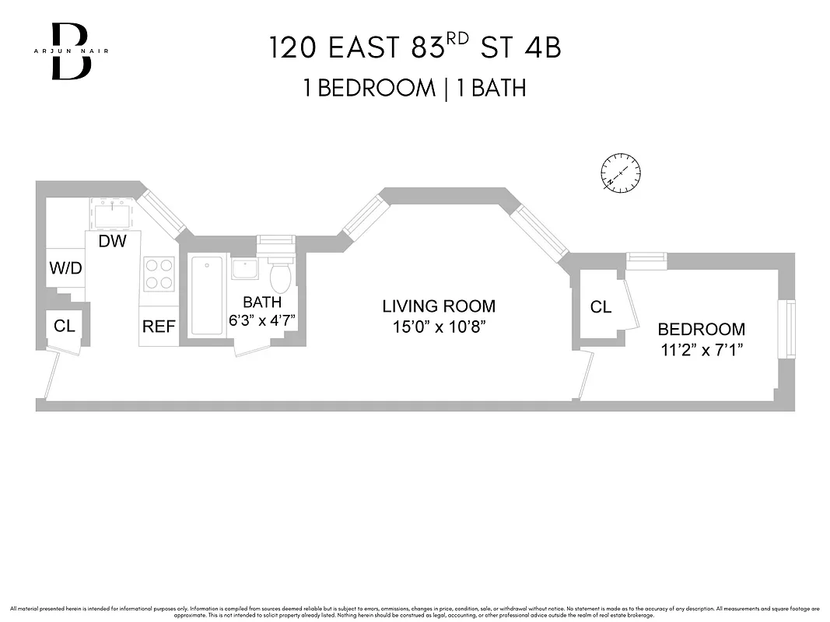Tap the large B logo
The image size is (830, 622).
[71, 51]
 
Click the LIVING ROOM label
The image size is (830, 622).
[438, 306]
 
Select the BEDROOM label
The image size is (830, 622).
[701, 329]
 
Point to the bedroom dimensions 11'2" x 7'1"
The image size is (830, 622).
[701, 350]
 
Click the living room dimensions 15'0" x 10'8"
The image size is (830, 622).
[438, 327]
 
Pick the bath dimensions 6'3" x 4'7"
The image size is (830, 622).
[261, 320]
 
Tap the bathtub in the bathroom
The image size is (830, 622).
[208, 295]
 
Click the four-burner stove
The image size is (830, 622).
[158, 274]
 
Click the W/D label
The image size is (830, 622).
[65, 268]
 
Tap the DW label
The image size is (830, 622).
[112, 241]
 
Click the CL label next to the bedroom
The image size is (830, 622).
[601, 307]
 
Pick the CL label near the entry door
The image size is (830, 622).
[65, 326]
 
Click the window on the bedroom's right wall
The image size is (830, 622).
[789, 330]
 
